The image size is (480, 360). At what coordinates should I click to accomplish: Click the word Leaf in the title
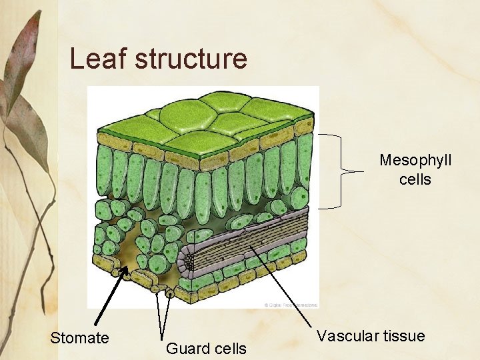tap(98, 59)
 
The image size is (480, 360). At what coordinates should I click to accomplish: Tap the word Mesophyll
tap(415, 161)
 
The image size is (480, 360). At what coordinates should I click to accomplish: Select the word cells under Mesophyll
tap(415, 180)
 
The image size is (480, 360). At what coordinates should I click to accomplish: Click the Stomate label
tap(79, 338)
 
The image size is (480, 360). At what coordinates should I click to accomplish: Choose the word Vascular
tap(345, 336)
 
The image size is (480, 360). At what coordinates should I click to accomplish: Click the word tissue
tap(401, 336)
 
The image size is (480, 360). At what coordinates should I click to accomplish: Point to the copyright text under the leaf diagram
tap(291, 305)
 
